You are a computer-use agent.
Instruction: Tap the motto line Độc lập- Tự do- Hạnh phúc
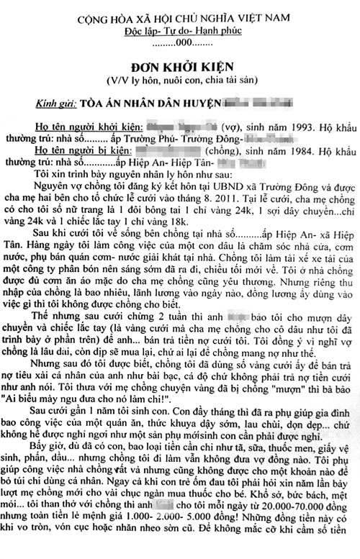pyautogui.click(x=180, y=32)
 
